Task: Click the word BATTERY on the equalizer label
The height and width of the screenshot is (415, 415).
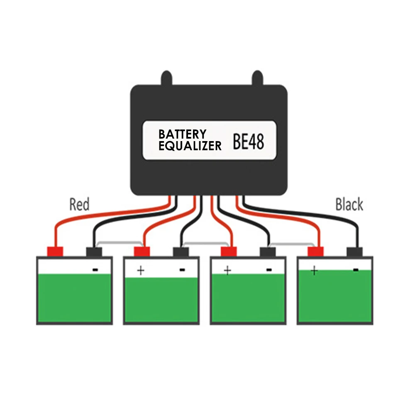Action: [x=182, y=134]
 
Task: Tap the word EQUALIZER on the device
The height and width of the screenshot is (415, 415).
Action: [x=190, y=146]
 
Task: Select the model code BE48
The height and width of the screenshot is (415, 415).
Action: [x=248, y=141]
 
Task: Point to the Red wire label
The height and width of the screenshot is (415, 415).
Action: [x=79, y=205]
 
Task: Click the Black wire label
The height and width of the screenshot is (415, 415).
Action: [x=349, y=205]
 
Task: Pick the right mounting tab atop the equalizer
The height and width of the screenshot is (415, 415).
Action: [x=257, y=78]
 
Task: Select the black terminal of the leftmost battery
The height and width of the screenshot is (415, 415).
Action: [x=94, y=251]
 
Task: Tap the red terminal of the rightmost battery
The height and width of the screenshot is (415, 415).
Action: [x=315, y=251]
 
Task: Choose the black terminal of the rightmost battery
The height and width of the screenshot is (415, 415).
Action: [x=355, y=251]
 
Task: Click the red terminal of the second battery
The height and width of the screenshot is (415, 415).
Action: [x=142, y=251]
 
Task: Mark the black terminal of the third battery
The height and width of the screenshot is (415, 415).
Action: [x=268, y=251]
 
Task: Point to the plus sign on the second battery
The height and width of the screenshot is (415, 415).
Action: [x=141, y=271]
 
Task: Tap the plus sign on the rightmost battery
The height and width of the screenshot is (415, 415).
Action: [x=314, y=271]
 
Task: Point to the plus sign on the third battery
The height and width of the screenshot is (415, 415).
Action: [x=227, y=271]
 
